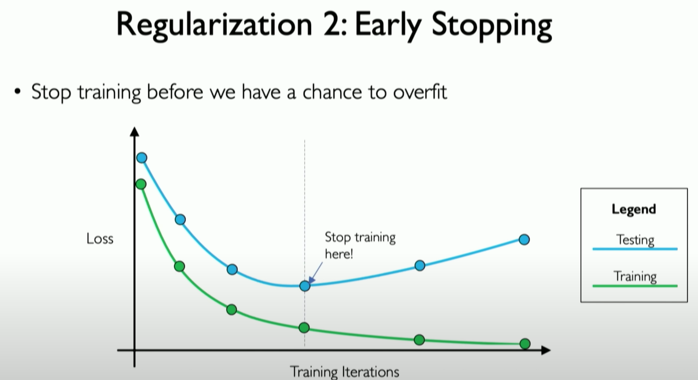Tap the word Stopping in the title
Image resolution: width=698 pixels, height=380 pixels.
click(492, 26)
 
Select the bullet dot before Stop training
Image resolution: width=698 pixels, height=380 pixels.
click(17, 92)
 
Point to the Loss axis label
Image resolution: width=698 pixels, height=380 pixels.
click(100, 239)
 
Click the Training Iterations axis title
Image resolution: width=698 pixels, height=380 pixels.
click(344, 372)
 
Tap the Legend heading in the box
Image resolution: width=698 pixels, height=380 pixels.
click(634, 209)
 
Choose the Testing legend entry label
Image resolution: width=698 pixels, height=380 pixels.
click(635, 240)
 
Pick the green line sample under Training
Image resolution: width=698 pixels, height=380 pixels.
click(635, 286)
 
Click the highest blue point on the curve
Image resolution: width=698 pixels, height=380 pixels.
click(142, 158)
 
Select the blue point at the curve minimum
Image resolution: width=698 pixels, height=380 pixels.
click(305, 286)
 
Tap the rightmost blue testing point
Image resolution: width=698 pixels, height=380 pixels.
click(524, 239)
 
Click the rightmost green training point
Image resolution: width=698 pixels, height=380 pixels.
click(525, 344)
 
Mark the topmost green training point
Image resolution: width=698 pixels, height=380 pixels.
click(141, 184)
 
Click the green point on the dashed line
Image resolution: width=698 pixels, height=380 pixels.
click(304, 327)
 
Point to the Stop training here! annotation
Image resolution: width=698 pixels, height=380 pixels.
click(359, 245)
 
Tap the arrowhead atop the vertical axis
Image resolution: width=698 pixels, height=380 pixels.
click(135, 132)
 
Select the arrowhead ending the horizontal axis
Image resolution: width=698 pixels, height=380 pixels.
click(546, 350)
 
